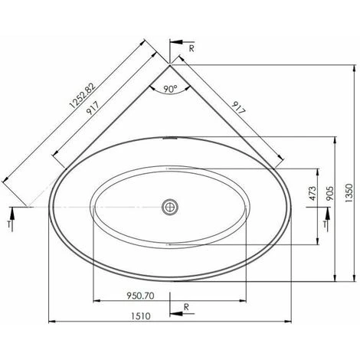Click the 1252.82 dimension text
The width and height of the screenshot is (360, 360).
click(83, 96)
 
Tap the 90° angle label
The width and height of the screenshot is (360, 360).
click(170, 89)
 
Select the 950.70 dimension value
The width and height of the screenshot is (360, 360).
click(140, 296)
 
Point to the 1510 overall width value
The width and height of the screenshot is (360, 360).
click(141, 316)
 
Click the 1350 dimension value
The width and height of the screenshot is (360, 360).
click(349, 193)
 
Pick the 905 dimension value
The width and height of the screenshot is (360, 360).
click(329, 193)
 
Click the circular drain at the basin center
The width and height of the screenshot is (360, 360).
click(170, 207)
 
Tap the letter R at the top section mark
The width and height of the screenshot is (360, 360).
click(191, 48)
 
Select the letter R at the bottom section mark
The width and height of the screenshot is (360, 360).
click(186, 307)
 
